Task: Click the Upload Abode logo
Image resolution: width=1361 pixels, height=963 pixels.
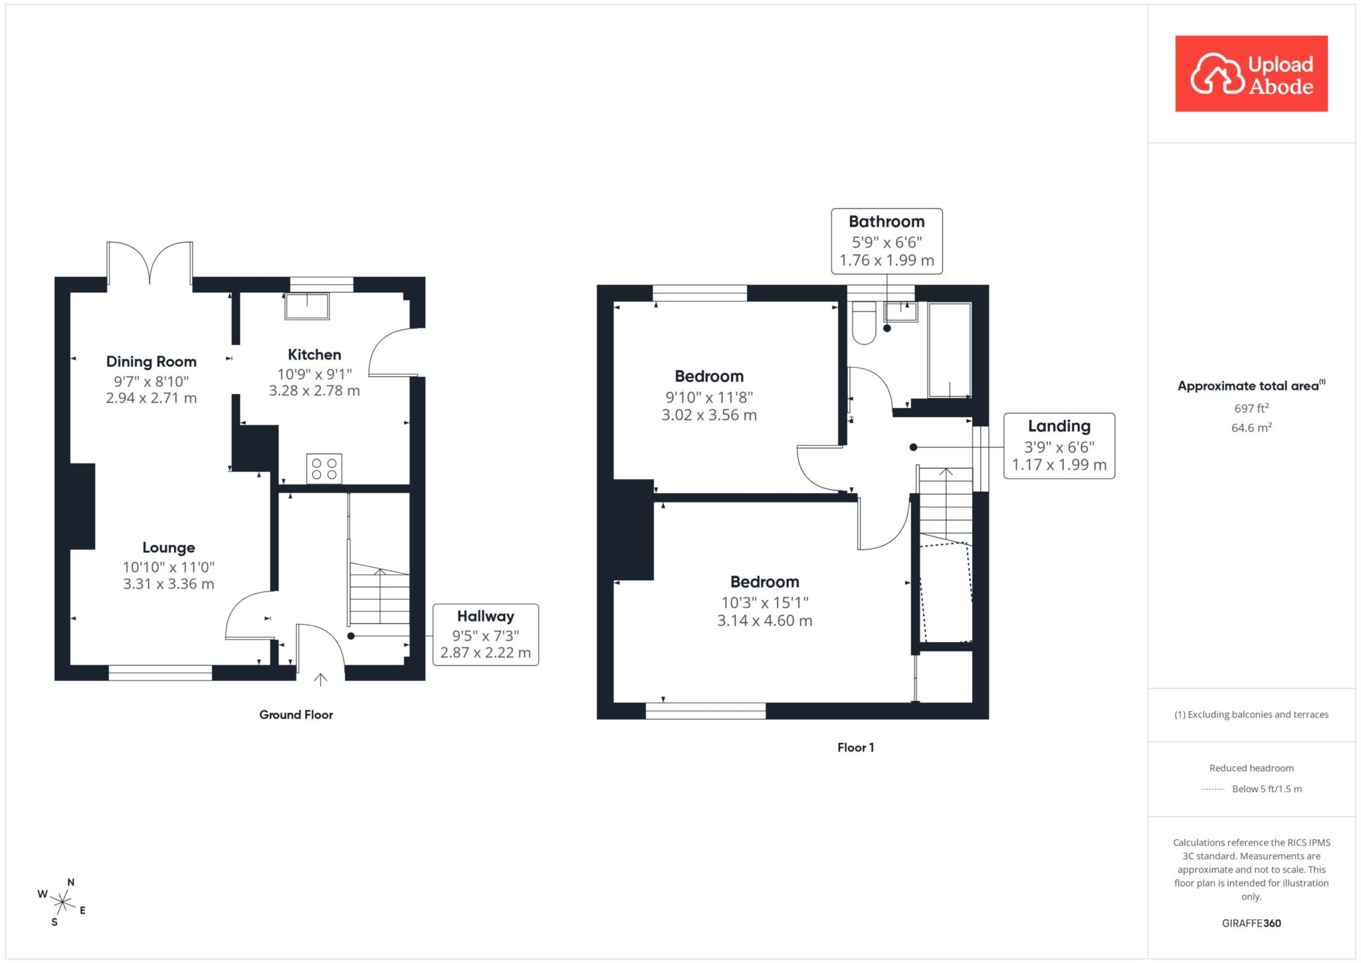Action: coord(1251,74)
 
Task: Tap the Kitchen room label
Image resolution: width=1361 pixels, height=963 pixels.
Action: coord(314,355)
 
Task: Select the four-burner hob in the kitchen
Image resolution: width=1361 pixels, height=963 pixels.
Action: coord(324,469)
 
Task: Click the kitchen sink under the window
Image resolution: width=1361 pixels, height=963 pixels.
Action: coord(307,306)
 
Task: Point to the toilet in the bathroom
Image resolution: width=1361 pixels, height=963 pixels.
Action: coord(864,324)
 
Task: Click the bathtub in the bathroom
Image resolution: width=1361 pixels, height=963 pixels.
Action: coord(950,350)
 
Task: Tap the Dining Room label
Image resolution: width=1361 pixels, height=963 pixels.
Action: coord(152,362)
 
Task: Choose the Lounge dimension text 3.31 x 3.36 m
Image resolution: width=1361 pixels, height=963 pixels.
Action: coord(169,584)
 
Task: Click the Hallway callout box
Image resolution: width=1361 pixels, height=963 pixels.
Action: coord(486,635)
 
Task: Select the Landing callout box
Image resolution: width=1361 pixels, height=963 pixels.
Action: coord(1059,446)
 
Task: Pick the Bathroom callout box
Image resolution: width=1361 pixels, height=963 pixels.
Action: coord(887,241)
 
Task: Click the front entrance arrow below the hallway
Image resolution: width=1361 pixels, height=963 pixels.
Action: coord(321,679)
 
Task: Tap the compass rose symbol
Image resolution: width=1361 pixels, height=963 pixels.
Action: coord(62,902)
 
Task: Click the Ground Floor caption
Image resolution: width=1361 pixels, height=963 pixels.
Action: coord(296,715)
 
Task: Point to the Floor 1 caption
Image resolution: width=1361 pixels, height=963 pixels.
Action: coord(856,748)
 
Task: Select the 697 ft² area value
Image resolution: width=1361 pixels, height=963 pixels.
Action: coord(1252,408)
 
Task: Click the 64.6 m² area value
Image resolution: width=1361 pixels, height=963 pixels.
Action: coord(1252,427)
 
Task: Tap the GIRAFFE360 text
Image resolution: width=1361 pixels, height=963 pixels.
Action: coord(1252,923)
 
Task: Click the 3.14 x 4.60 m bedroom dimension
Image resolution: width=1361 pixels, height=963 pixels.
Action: coord(765,621)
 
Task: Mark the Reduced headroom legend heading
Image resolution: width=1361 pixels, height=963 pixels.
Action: coord(1252,768)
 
